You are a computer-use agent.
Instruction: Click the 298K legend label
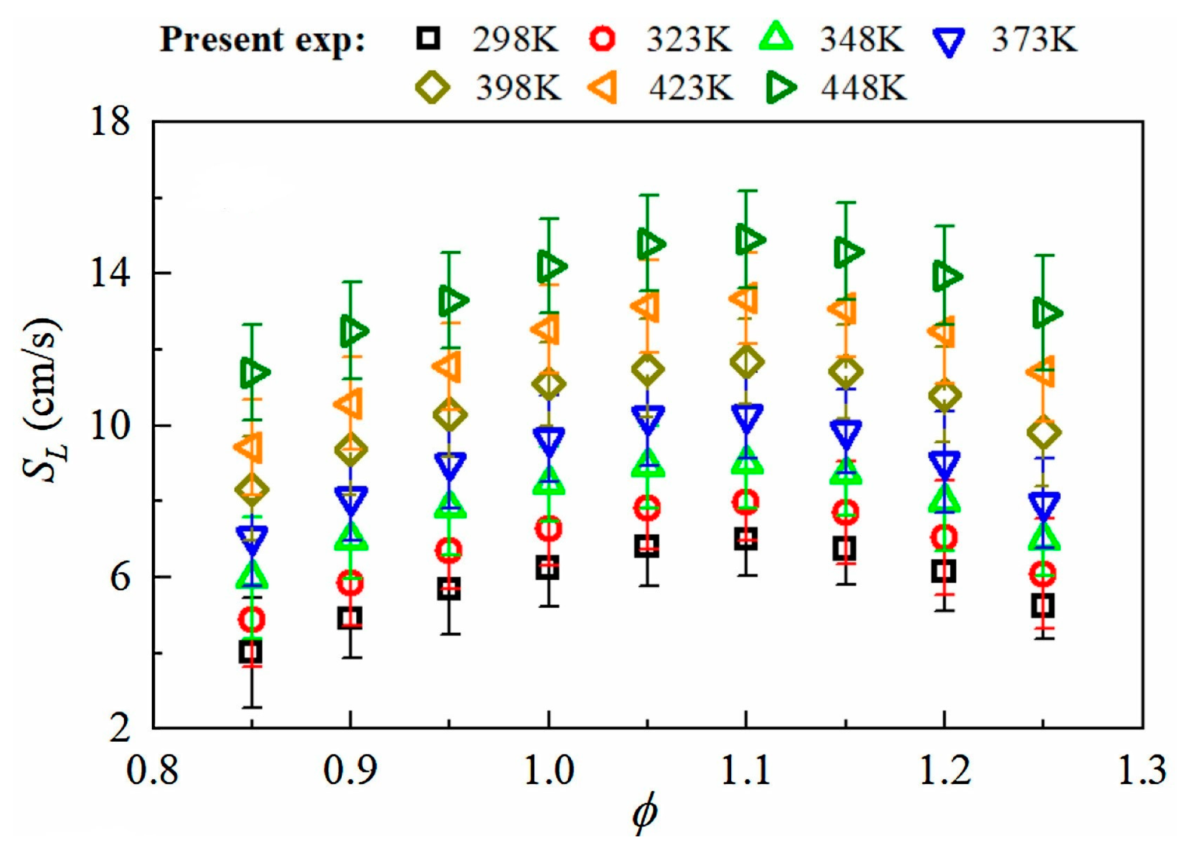(514, 40)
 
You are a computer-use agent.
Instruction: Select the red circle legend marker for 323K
(603, 39)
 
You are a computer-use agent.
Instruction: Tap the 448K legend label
(864, 88)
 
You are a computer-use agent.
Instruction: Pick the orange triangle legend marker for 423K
(603, 88)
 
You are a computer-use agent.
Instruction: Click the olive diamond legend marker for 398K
(432, 88)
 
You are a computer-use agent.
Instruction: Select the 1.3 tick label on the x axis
(1142, 769)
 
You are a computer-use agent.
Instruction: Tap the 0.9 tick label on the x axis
(350, 769)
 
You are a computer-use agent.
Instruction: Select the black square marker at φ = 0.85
(251, 652)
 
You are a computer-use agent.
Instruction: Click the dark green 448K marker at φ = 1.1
(748, 239)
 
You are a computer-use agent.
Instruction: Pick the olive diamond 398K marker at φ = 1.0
(548, 384)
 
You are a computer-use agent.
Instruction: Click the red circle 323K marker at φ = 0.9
(350, 582)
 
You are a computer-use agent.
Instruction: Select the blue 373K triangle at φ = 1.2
(945, 463)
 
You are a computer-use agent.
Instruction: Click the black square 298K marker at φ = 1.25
(1043, 606)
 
